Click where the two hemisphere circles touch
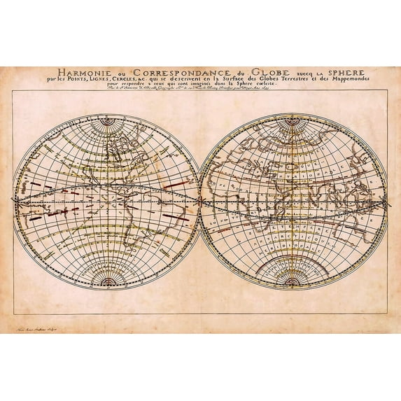200,201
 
